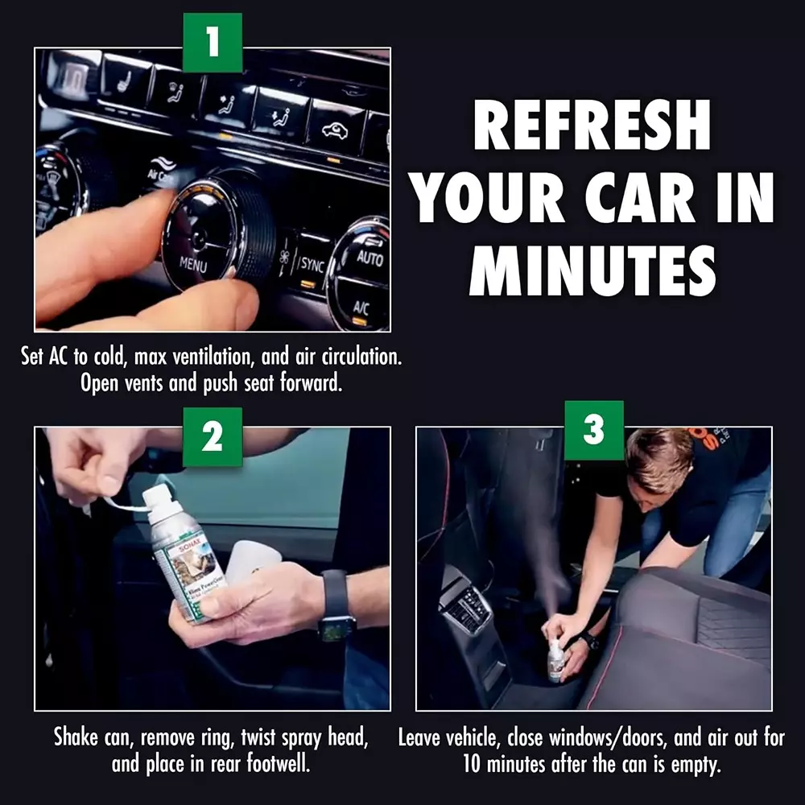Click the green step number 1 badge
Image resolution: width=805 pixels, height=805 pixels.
tap(213, 41)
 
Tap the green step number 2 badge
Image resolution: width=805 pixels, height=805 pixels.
tap(213, 436)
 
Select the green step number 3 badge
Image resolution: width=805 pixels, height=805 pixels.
tap(593, 431)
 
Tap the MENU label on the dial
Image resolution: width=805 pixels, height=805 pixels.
tap(193, 263)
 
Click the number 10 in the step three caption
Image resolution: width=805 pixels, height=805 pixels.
tap(474, 763)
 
